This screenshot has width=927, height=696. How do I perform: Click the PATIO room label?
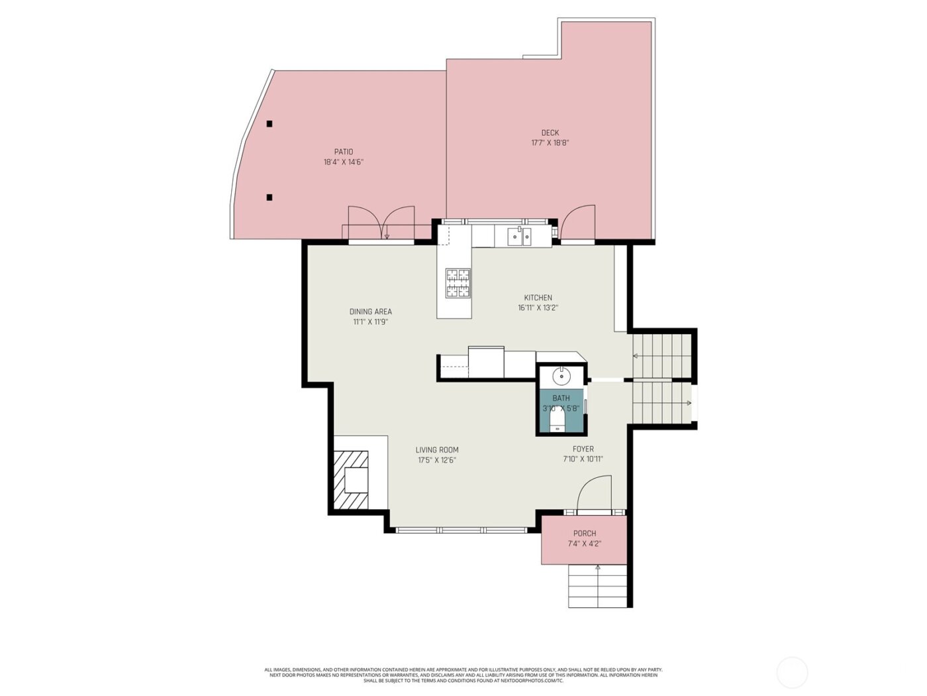tap(343, 152)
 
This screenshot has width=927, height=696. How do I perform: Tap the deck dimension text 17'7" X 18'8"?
tap(550, 143)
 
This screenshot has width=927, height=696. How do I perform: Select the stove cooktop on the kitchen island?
tap(458, 283)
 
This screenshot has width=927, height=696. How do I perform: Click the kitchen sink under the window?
tap(518, 236)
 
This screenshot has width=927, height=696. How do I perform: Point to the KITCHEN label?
tap(538, 298)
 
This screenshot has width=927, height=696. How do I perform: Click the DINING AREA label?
tap(370, 312)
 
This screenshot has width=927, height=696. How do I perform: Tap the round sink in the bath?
tap(561, 377)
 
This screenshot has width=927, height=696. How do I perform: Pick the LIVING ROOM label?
tap(437, 449)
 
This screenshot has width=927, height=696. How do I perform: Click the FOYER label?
tap(583, 449)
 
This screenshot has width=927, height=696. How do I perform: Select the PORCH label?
tap(584, 533)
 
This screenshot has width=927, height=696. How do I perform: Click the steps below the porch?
tap(597, 586)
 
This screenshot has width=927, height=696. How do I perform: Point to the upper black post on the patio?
tap(269, 124)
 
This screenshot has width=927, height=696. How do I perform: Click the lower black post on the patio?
tap(269, 197)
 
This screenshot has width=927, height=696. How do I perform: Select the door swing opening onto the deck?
tap(577, 222)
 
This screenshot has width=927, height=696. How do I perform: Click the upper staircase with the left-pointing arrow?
tap(661, 356)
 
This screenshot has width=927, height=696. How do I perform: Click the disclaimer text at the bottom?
tap(463, 675)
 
